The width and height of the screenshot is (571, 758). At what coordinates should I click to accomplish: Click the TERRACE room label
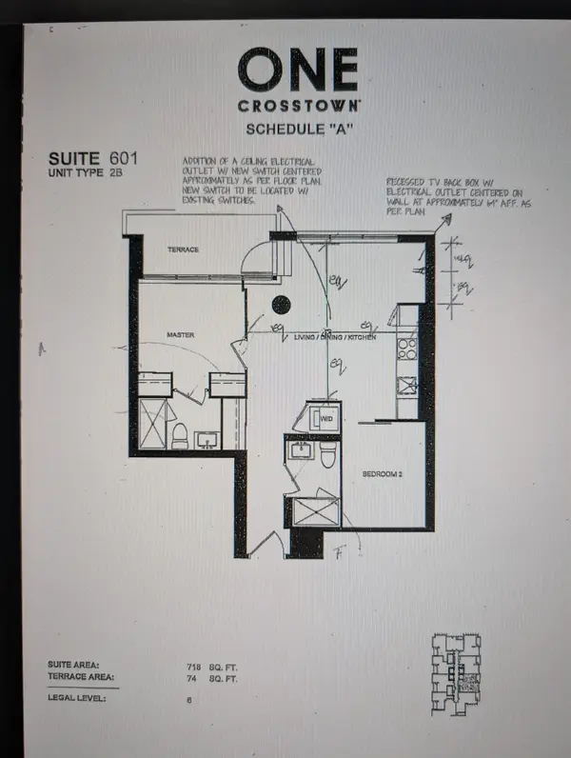pyautogui.click(x=184, y=249)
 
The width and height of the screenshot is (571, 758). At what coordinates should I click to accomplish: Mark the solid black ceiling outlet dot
pyautogui.click(x=282, y=305)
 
